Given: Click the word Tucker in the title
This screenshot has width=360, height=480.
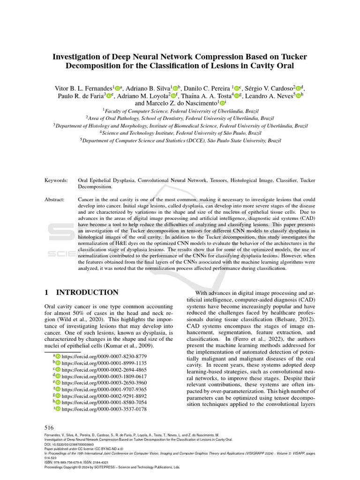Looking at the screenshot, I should pos(292,56).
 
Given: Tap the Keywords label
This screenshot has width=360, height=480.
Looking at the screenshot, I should pos(56,180).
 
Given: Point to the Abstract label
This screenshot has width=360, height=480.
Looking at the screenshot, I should pos(54,200).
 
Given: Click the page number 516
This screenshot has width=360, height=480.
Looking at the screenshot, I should pos(49,427).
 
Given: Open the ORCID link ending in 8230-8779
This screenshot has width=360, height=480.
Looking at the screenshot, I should pos(104,357).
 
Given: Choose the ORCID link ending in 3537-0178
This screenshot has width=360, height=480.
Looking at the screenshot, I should pos(104,409).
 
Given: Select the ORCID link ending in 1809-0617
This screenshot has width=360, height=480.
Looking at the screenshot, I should pos(104,376).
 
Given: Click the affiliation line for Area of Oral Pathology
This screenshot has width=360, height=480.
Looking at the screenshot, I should pos(180,119).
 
